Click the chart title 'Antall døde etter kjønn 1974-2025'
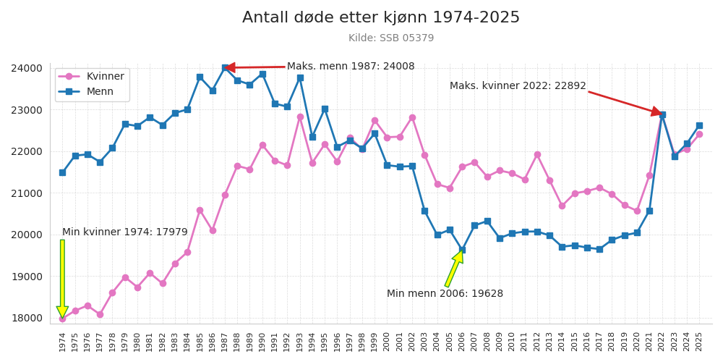point(381,18)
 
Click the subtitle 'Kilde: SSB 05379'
point(391,38)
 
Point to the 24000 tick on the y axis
point(27,68)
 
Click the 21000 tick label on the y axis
point(27,193)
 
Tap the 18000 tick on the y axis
point(27,318)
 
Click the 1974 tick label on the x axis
point(63,342)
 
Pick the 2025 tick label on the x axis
point(699,342)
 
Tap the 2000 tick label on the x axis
point(388,342)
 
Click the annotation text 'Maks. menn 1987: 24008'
point(351,67)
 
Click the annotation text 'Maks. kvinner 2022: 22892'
point(518,86)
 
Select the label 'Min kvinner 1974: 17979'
point(124,232)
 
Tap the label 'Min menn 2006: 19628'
point(445,294)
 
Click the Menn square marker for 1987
point(225,68)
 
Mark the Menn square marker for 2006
point(462,250)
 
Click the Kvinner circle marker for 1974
point(62,319)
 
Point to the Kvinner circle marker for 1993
point(300,117)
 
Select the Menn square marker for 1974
point(62,172)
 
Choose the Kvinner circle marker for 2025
point(699,134)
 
